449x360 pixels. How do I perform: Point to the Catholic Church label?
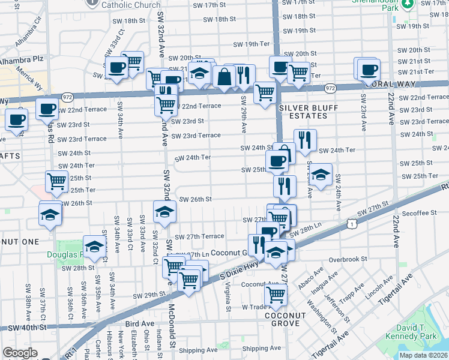(131, 5)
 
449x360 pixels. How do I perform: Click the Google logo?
(20, 353)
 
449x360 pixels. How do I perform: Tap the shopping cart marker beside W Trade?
(276, 295)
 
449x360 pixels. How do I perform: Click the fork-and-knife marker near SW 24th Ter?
(305, 140)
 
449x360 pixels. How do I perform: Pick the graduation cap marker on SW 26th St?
(164, 211)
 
